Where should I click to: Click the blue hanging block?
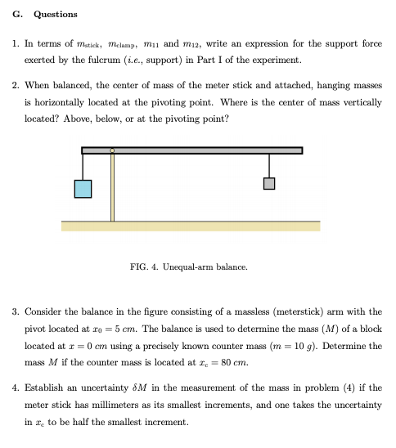click(83, 189)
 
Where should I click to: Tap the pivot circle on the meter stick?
click(112, 150)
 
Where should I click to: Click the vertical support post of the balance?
click(112, 188)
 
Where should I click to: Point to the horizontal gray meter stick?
click(205, 150)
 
